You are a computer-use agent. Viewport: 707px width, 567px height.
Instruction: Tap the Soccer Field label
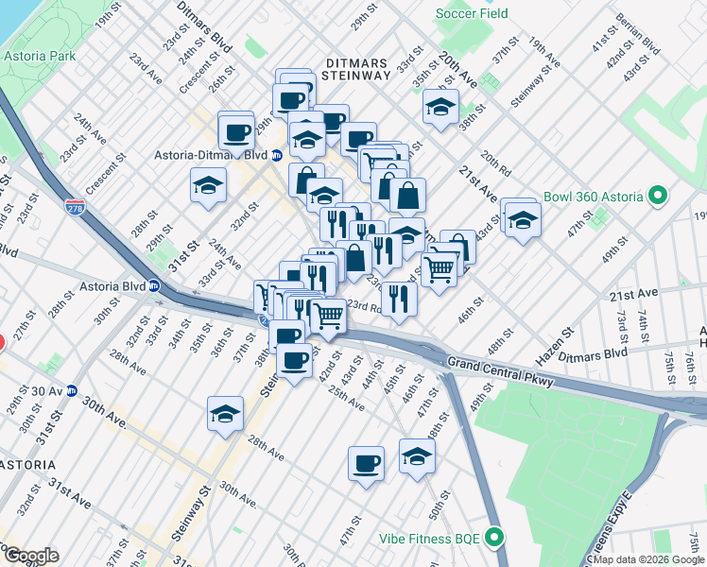tap(472, 13)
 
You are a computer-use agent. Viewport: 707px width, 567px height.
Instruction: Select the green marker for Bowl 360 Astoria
tap(659, 198)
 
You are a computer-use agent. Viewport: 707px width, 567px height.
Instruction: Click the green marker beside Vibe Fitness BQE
tap(493, 538)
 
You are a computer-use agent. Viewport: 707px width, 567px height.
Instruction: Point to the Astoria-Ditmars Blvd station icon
tap(276, 155)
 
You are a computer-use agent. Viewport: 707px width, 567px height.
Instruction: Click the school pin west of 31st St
tap(208, 185)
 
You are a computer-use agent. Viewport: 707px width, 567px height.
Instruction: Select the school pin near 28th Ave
tap(225, 413)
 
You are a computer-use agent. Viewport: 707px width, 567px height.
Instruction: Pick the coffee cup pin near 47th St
tap(366, 463)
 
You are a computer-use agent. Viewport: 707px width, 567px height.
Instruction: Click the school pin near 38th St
tap(440, 107)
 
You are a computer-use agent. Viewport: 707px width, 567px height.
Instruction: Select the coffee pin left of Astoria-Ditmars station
tap(235, 130)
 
